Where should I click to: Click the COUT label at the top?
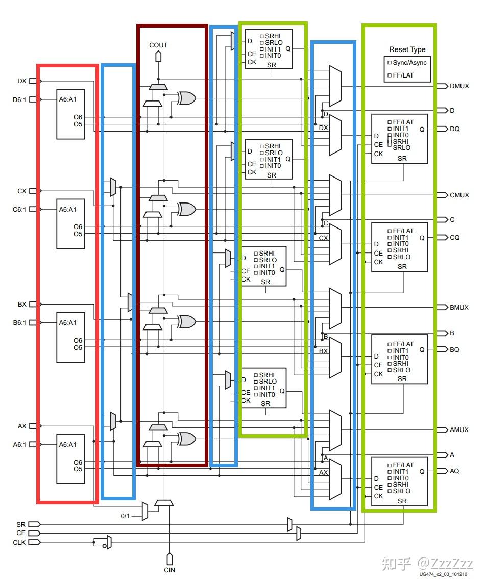[158, 45]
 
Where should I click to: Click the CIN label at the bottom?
[169, 570]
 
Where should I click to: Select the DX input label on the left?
[22, 81]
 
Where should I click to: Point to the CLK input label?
[19, 542]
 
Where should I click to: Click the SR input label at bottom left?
[20, 524]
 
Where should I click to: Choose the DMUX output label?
[459, 86]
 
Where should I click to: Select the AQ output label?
[454, 471]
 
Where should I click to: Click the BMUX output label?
[459, 308]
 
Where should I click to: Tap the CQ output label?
[454, 238]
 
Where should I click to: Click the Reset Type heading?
[407, 49]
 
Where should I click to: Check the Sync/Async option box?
[389, 62]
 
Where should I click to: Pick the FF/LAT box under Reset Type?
[389, 75]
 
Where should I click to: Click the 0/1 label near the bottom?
[125, 516]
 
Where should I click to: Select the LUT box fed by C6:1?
[70, 223]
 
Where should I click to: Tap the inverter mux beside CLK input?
[108, 542]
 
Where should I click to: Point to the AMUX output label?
[459, 430]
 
